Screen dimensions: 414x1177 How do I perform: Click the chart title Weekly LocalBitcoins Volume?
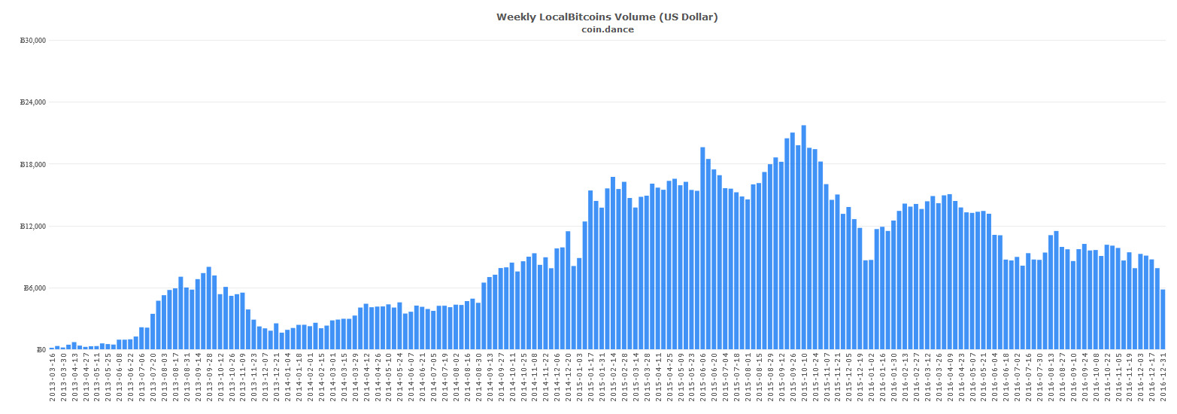[607, 17]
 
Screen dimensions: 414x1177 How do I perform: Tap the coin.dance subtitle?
[607, 29]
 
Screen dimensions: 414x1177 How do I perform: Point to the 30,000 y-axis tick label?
[33, 41]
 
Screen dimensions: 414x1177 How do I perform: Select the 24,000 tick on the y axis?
[33, 102]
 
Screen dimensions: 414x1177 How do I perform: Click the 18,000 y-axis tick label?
[33, 165]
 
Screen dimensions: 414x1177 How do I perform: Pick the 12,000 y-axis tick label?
[33, 227]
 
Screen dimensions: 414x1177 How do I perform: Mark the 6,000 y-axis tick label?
[35, 288]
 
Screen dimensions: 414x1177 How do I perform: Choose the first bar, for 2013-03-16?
[51, 349]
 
